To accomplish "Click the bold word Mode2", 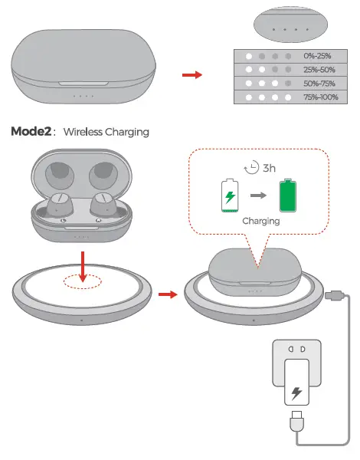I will click(x=31, y=131).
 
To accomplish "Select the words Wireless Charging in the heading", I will click(x=106, y=132).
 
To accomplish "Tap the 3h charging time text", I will click(x=269, y=167).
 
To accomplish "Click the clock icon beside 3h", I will click(x=249, y=167).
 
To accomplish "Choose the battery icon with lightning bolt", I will click(x=229, y=195).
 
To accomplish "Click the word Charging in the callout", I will click(x=260, y=221).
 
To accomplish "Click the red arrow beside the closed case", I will click(x=192, y=75).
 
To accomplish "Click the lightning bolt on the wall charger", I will click(x=296, y=394).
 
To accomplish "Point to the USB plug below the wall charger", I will click(x=296, y=423).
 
